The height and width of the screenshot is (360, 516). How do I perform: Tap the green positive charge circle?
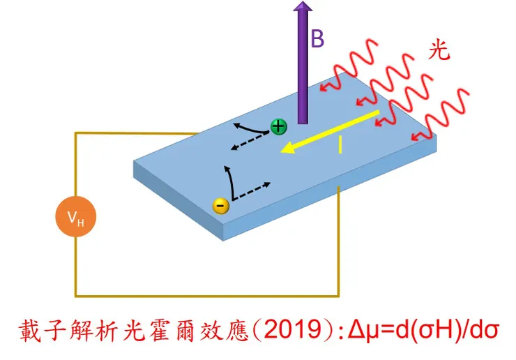click(279, 126)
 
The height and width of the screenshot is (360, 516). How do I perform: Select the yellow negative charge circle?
click(220, 205)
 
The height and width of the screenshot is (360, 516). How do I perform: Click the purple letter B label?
click(317, 39)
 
